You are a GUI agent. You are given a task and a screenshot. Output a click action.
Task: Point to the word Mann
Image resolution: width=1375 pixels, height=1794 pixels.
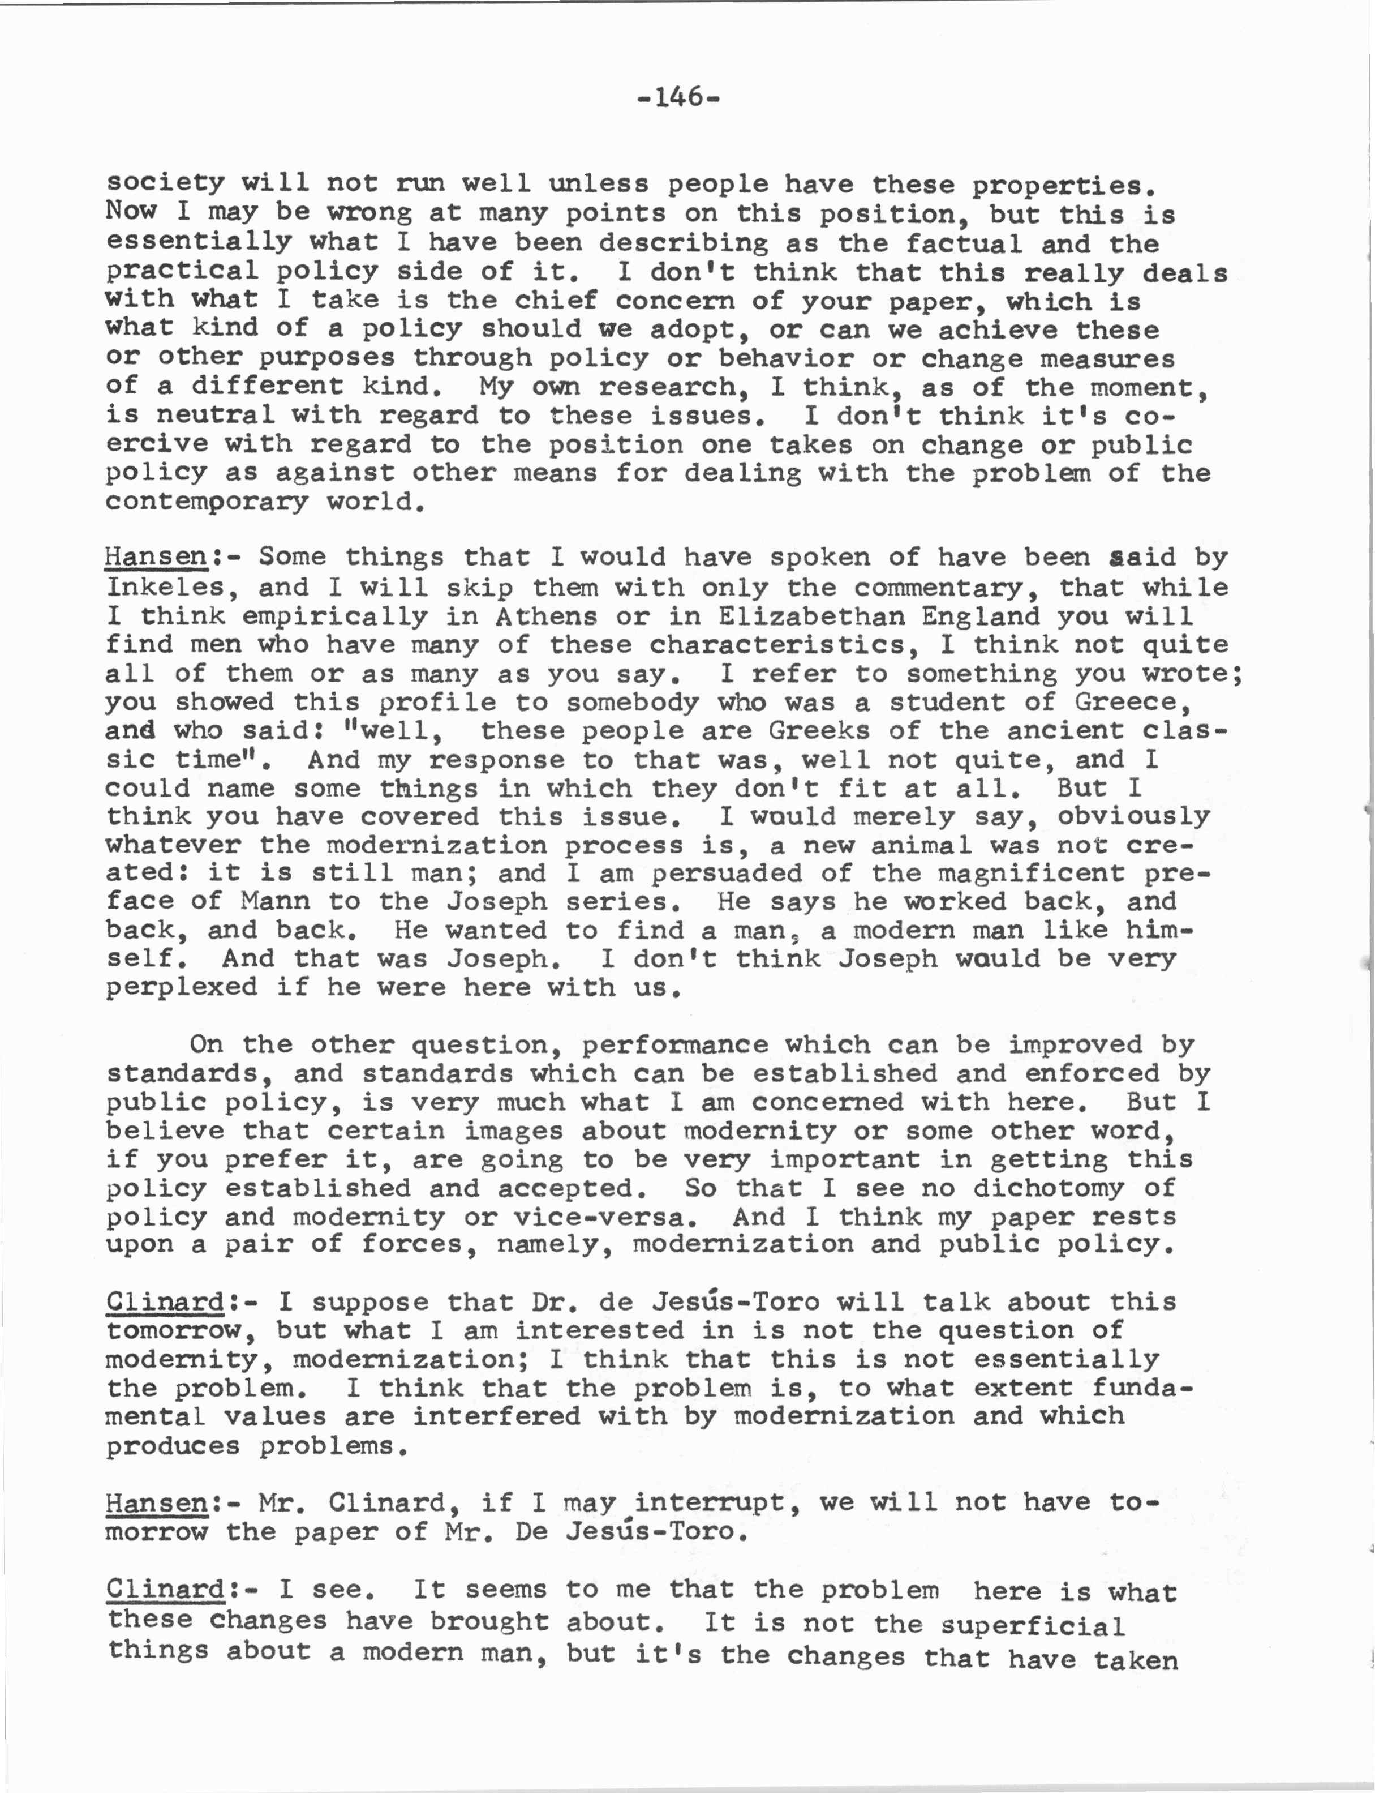click(x=275, y=901)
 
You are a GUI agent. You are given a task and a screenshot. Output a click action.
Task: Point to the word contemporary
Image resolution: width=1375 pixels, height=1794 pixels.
click(x=206, y=501)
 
